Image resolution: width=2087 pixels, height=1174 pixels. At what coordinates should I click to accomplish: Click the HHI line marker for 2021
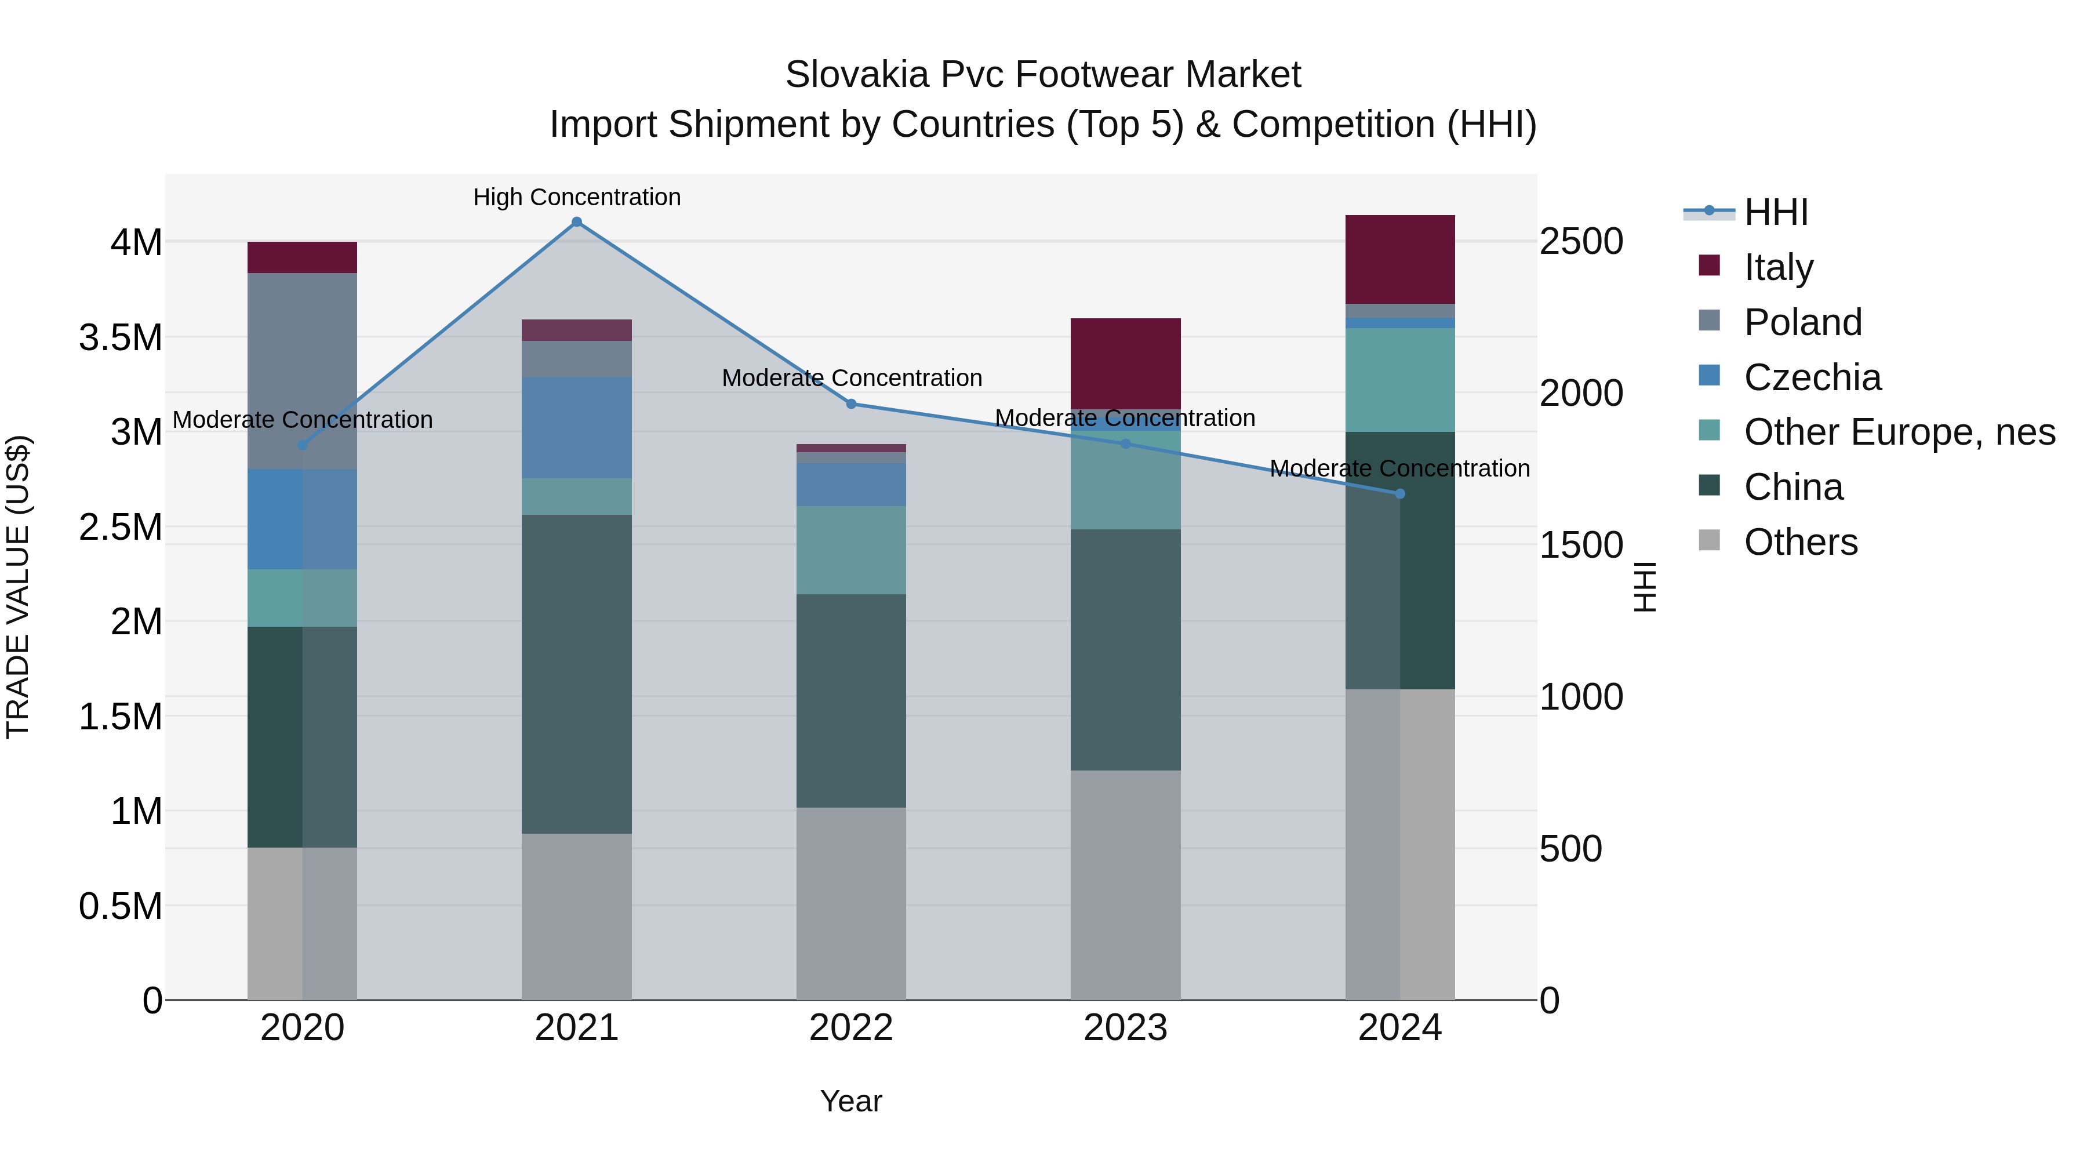point(577,222)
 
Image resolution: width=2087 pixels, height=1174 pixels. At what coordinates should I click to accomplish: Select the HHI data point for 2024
point(1399,493)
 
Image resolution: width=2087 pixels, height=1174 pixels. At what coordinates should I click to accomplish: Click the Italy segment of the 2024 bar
point(1399,259)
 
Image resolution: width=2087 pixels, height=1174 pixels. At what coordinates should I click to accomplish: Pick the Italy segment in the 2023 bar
point(1125,363)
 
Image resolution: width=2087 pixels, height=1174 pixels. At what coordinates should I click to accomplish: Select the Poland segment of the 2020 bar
point(302,371)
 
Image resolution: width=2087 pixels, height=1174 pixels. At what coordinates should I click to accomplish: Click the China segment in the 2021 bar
point(577,674)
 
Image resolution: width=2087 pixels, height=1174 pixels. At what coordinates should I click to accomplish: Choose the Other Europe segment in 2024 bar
point(1399,379)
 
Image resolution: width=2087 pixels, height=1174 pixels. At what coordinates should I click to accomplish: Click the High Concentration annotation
point(577,197)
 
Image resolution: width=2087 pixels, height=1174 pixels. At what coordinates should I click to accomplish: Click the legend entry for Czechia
point(1812,377)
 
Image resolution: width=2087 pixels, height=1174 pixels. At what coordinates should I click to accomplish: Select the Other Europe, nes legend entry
point(1899,432)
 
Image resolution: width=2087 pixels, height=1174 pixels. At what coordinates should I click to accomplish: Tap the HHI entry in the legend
point(1776,212)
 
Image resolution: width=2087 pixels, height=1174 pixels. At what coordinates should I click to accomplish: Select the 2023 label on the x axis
point(1125,1028)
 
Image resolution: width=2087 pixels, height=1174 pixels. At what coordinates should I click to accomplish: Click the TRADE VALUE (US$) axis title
point(18,587)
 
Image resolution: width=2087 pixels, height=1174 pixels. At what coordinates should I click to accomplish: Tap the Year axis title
point(850,1101)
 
